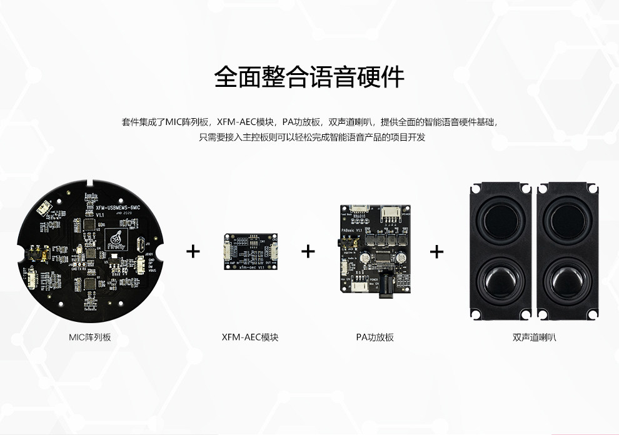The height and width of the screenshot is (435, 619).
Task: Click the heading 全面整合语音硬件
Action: click(x=309, y=77)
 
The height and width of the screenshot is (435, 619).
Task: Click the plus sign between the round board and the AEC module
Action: click(x=194, y=251)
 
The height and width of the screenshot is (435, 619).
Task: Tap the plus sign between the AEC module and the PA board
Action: click(x=308, y=251)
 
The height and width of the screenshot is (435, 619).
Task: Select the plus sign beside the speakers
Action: click(x=436, y=251)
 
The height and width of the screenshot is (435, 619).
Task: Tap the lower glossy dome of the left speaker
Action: click(x=500, y=281)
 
